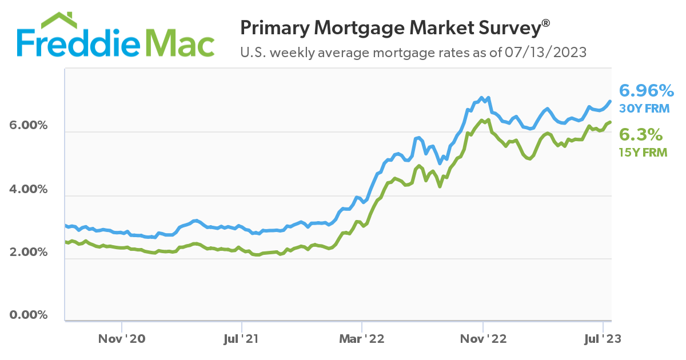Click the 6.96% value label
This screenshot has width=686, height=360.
(647, 91)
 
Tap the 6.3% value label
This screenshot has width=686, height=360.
(641, 135)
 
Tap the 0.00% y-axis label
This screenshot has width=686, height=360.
(28, 315)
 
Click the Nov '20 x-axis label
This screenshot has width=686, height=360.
(122, 338)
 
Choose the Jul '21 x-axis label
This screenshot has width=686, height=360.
(242, 338)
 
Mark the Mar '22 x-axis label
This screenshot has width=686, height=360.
(362, 338)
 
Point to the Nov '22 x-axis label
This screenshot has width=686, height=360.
(483, 338)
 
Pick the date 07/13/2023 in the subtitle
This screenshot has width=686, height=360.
(546, 53)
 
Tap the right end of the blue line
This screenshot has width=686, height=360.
(610, 102)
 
